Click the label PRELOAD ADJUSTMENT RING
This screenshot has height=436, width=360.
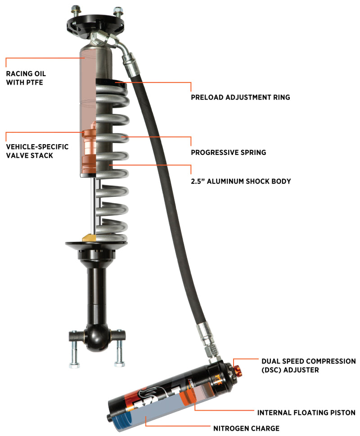click(240, 96)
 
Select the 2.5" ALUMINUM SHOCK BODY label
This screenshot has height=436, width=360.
click(240, 181)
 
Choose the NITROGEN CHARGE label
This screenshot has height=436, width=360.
click(246, 428)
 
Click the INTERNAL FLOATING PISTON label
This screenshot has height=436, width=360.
click(306, 412)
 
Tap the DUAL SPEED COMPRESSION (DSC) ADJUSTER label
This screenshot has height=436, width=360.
click(308, 365)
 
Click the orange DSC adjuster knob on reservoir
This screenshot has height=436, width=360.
click(238, 370)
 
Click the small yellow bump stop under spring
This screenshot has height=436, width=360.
click(88, 237)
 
